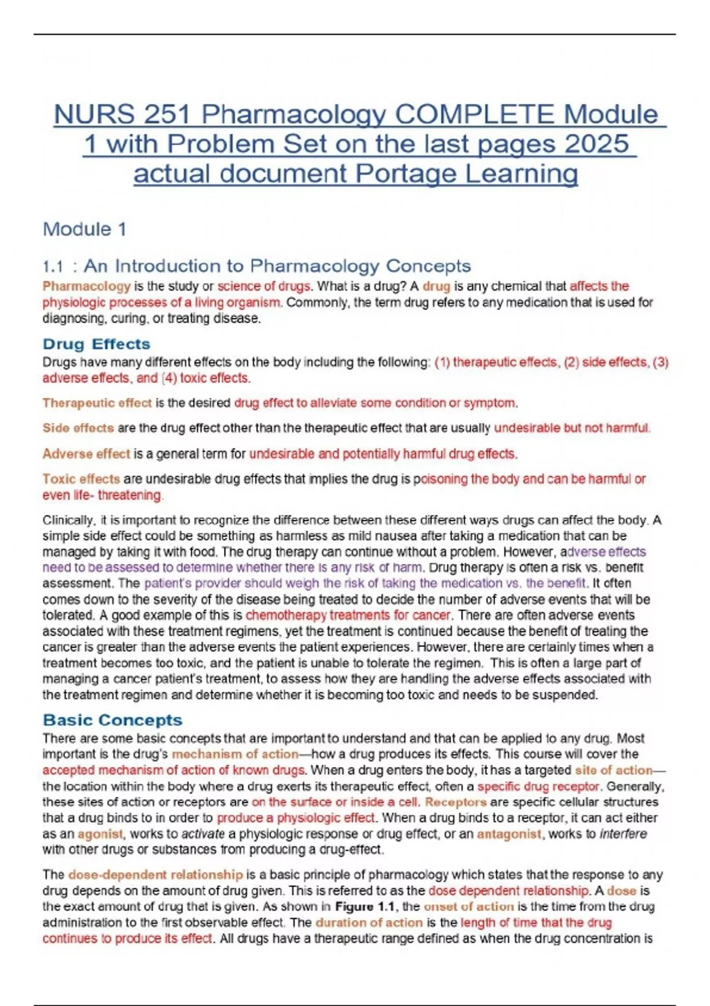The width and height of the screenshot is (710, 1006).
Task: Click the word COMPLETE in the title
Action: click(x=476, y=114)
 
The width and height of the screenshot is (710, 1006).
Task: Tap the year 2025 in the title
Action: click(x=596, y=144)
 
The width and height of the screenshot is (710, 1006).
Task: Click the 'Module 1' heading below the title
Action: click(x=85, y=229)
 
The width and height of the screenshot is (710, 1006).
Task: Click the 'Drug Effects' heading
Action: click(x=96, y=344)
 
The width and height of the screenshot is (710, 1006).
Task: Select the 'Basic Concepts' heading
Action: click(x=112, y=720)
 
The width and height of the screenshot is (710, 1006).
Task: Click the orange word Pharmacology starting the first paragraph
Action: click(x=86, y=286)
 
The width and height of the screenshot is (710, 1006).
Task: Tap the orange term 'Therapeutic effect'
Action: click(x=97, y=403)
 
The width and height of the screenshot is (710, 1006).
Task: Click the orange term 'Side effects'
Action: click(x=78, y=428)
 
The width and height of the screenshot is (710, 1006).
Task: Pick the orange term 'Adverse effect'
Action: click(x=86, y=454)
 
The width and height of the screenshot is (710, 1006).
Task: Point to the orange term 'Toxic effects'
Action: click(x=81, y=479)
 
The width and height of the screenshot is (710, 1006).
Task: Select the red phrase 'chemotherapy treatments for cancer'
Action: click(x=348, y=615)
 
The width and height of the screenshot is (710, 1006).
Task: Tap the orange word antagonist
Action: click(x=509, y=834)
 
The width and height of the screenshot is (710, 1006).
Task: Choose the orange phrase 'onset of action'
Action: click(x=469, y=906)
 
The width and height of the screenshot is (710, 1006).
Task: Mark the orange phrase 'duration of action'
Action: click(x=369, y=922)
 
